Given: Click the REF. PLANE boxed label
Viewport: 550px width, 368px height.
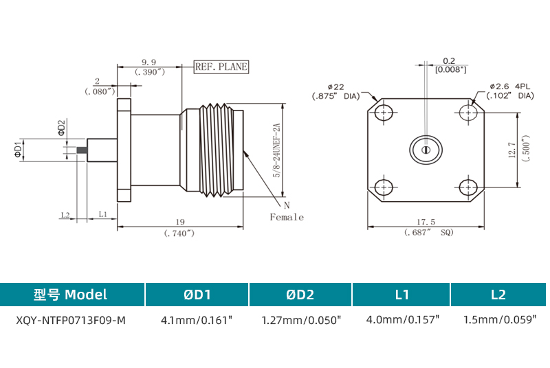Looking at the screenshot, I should [221, 67].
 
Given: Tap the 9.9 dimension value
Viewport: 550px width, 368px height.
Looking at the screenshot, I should [148, 62].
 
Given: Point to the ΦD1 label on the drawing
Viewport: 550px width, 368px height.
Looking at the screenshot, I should [18, 148].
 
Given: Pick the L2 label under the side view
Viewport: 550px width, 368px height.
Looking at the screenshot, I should [65, 215].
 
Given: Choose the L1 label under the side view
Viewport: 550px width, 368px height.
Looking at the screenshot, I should [102, 215].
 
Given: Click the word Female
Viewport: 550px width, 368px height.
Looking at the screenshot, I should [286, 217].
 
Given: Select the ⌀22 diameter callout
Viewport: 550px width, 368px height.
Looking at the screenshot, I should [335, 87].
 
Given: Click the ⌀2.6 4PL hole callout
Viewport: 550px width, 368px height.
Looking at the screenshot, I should [509, 87].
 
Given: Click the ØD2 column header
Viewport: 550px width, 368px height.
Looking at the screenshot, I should [300, 295].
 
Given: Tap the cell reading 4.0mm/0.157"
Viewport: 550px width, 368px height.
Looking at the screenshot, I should [402, 320].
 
